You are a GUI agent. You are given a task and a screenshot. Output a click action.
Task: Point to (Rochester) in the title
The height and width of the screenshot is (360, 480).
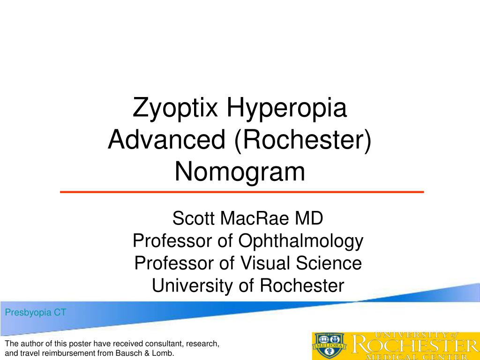coord(303,140)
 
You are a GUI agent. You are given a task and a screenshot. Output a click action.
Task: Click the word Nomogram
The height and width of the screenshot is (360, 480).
coord(240,172)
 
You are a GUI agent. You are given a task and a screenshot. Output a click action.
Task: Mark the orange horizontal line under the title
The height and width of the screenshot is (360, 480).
coord(242,192)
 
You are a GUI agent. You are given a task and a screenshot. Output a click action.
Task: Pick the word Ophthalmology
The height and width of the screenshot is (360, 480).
coord(301,241)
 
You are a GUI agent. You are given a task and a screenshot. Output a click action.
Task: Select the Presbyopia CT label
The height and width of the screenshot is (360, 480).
coord(36,313)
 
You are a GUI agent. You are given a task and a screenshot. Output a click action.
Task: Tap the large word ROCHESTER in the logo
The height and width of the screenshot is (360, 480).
coord(415,346)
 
